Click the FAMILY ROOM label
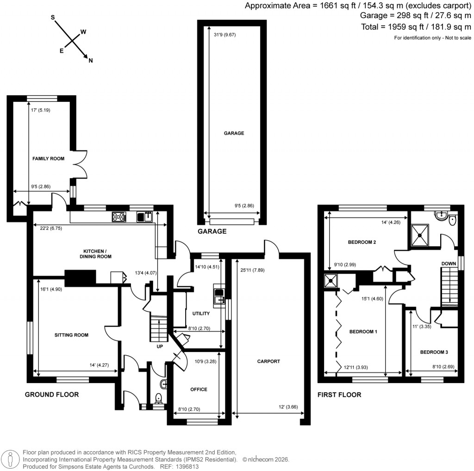point(48,159)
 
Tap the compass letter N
point(91,61)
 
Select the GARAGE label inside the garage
point(234,133)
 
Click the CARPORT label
point(268,361)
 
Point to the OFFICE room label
point(199,390)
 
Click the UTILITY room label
point(201,314)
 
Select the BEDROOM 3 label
point(434,353)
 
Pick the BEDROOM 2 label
point(362,242)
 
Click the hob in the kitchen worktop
point(118,216)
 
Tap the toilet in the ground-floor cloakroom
point(158,398)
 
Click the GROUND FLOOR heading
point(51,395)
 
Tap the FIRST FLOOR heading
point(339,395)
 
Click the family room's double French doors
point(81,164)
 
